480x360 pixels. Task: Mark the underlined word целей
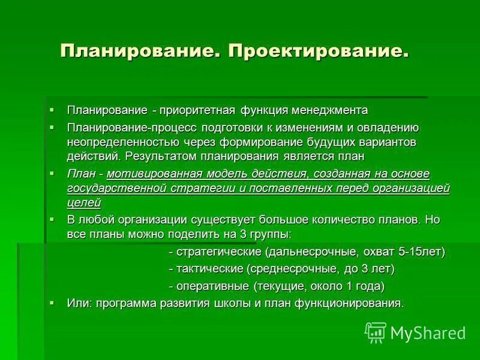point(83,202)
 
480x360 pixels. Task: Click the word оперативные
point(213,286)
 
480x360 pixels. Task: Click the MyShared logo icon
point(376,332)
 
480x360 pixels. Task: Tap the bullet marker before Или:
point(53,302)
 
